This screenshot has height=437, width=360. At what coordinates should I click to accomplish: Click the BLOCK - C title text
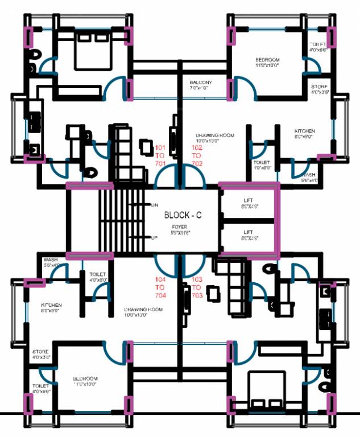183,215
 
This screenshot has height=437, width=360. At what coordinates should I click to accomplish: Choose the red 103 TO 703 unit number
197,288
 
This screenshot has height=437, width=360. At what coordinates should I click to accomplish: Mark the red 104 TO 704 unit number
160,288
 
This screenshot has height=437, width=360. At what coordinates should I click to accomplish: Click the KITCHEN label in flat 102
304,134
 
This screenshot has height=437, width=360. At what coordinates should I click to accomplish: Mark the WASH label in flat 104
51,262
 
